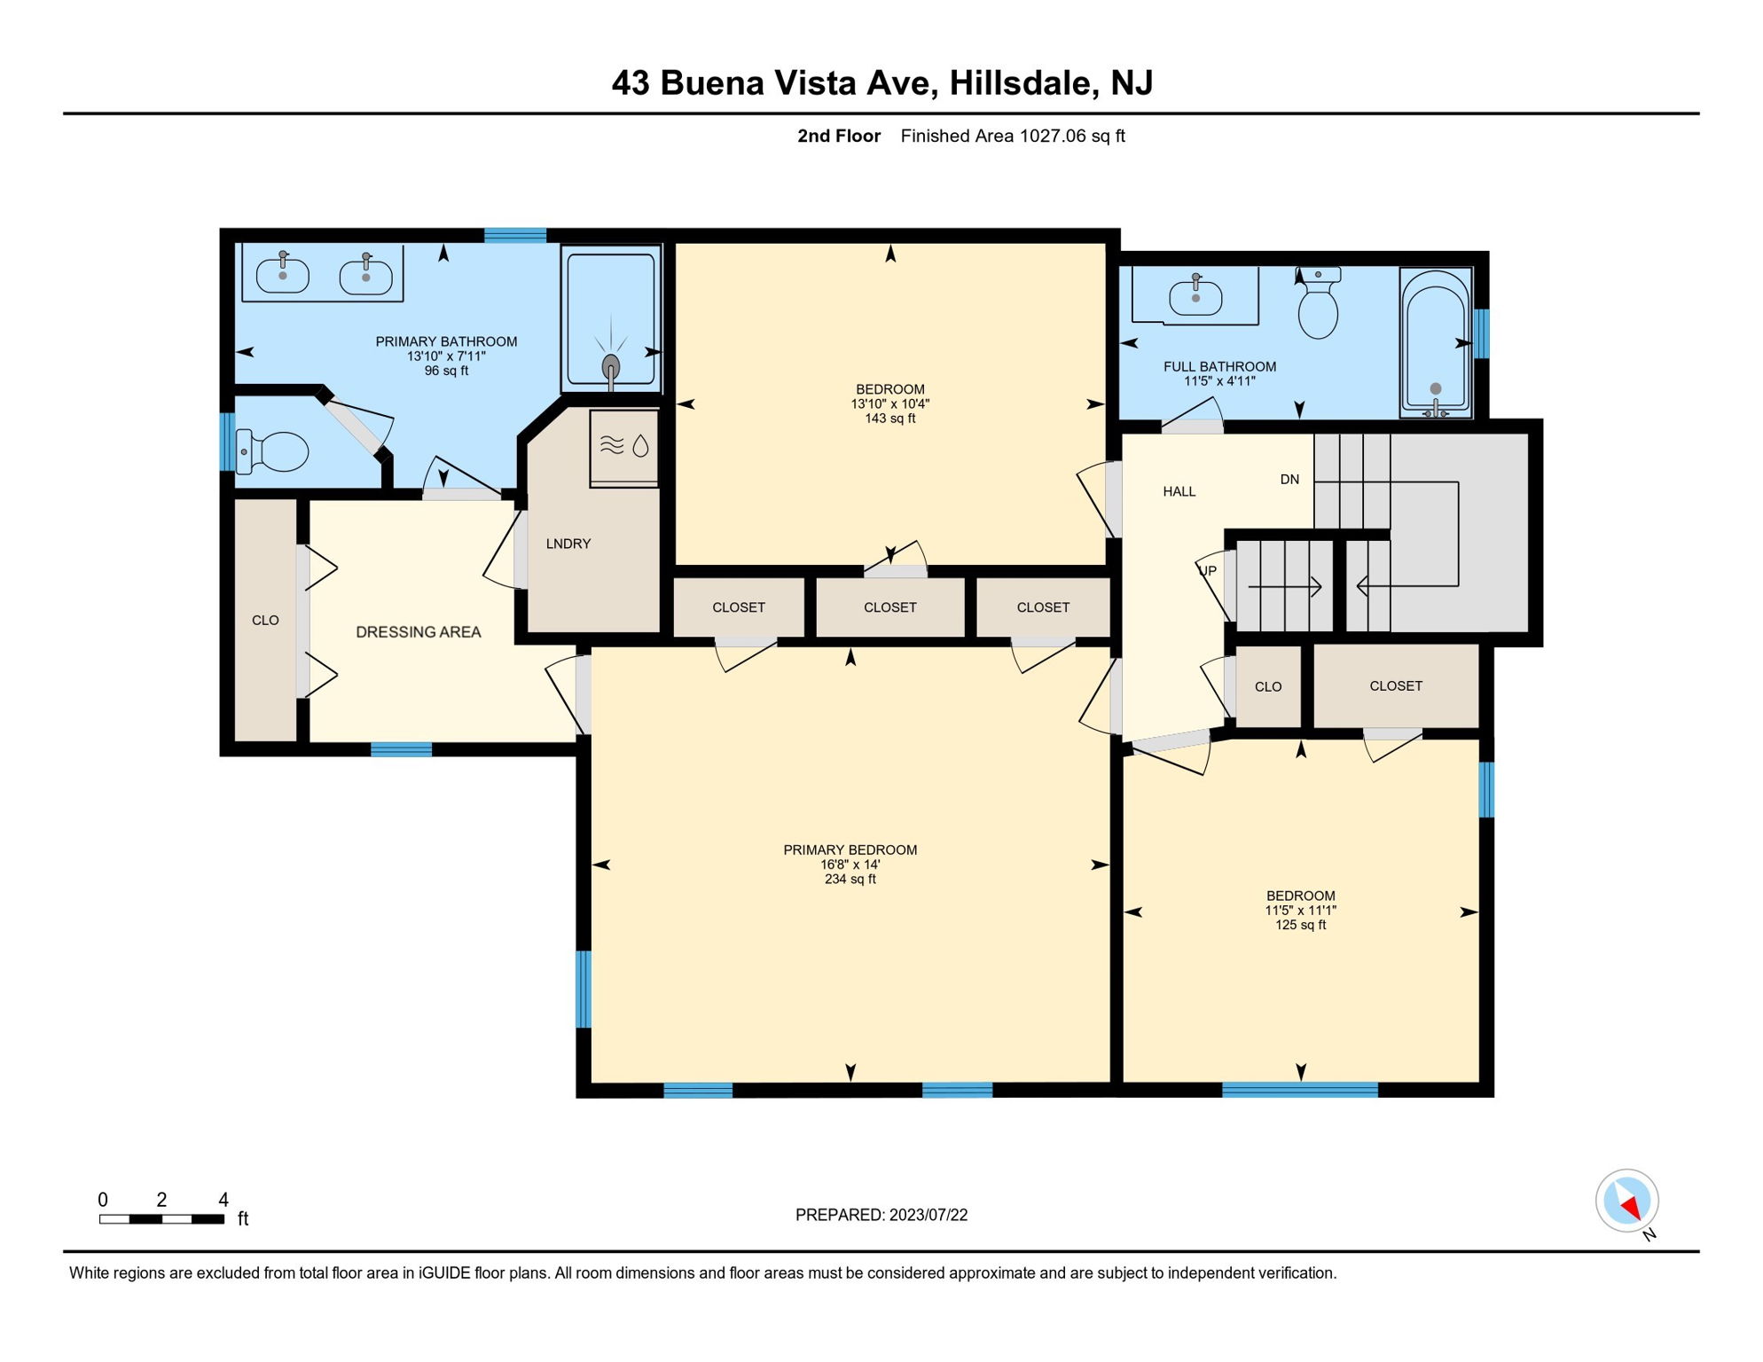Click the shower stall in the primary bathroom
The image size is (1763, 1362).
(611, 319)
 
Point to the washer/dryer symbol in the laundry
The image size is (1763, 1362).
(625, 446)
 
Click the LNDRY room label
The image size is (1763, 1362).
(568, 544)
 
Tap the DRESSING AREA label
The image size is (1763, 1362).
(418, 632)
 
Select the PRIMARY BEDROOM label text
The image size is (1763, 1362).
(850, 849)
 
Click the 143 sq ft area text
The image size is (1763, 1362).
(889, 419)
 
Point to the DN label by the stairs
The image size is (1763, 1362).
(1289, 480)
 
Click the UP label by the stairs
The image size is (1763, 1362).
(1208, 571)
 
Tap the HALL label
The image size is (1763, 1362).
(1179, 491)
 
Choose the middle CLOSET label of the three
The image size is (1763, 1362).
(889, 607)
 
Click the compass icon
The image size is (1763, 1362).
(1627, 1201)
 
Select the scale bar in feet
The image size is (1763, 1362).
(161, 1218)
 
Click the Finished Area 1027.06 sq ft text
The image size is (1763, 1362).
(1012, 136)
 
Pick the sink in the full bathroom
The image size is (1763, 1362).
(1195, 296)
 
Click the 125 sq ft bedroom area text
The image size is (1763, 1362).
(1300, 925)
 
